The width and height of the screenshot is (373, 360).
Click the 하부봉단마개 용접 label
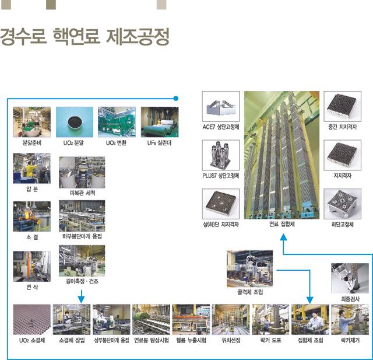click(x=82, y=236)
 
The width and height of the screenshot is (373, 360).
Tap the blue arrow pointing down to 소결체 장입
click(x=82, y=298)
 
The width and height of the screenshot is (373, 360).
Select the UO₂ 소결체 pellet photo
click(x=32, y=319)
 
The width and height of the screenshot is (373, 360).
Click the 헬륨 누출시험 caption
click(x=191, y=340)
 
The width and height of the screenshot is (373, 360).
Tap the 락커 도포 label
click(x=270, y=340)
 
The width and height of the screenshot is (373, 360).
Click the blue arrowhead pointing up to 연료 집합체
click(x=283, y=237)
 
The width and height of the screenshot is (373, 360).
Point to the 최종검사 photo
click(x=350, y=278)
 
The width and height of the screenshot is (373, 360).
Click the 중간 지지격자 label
click(x=343, y=127)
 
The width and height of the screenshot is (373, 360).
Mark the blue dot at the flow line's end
click(x=175, y=99)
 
